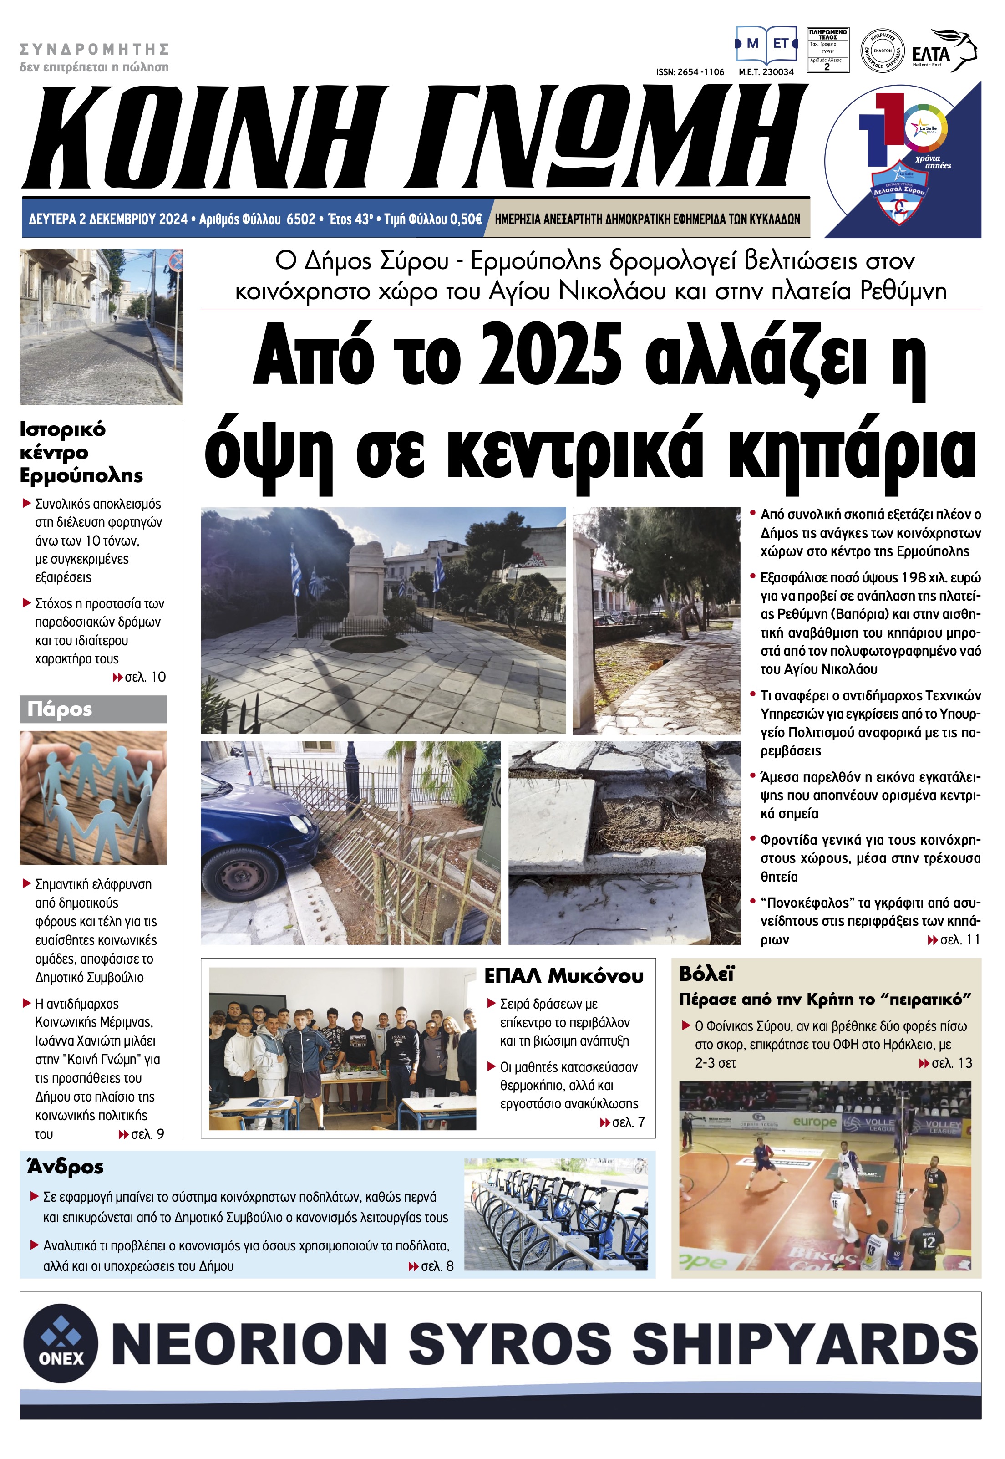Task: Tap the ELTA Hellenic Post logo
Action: pos(943,51)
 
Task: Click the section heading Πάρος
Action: pos(60,709)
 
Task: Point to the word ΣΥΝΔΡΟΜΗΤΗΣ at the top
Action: pos(95,49)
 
